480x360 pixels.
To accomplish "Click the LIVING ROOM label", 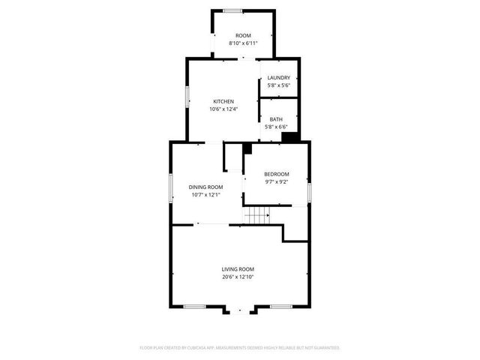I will click(x=238, y=269).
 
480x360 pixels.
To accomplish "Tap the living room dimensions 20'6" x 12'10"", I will click(x=238, y=277).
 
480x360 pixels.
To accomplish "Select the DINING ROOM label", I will click(x=205, y=187).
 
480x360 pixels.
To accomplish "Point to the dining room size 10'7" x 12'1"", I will click(x=205, y=195).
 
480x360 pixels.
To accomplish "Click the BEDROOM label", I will click(x=276, y=174).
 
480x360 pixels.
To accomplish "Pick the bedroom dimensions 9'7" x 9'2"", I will click(x=276, y=181).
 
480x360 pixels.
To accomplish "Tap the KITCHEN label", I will click(x=223, y=101).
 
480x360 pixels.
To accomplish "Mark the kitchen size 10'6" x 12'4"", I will click(x=223, y=109).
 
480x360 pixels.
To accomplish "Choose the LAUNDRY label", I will click(x=278, y=77).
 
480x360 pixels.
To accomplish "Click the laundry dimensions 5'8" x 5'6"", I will click(x=278, y=85).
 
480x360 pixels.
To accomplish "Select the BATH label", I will click(x=277, y=119).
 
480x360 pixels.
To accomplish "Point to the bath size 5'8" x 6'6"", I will click(x=277, y=127).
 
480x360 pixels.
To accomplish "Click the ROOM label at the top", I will click(x=243, y=36).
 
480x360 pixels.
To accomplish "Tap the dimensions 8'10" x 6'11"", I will click(x=243, y=43).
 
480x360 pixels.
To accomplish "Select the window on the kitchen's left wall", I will click(x=187, y=98).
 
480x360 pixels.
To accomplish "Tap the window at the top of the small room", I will click(x=232, y=10).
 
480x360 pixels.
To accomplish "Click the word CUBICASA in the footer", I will click(x=201, y=348).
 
